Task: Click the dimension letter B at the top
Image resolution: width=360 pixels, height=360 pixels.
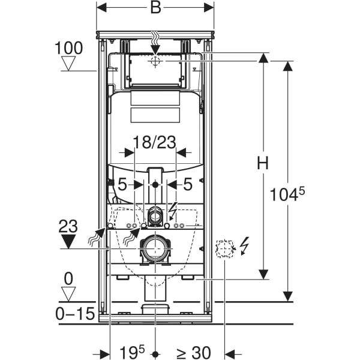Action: tap(155, 8)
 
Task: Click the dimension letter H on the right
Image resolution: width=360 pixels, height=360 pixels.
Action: tap(262, 163)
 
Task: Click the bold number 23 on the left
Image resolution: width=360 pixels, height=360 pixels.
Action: tap(69, 227)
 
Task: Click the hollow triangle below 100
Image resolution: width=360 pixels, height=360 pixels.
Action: tap(71, 64)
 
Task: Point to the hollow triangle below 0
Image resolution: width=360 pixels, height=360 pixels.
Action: tap(70, 294)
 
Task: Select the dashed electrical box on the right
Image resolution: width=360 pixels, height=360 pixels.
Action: tap(224, 248)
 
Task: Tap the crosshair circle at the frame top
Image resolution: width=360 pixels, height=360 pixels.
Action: tap(155, 61)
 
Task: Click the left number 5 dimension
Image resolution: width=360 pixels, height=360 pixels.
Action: tap(122, 185)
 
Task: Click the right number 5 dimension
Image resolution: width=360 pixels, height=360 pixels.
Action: tap(187, 185)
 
